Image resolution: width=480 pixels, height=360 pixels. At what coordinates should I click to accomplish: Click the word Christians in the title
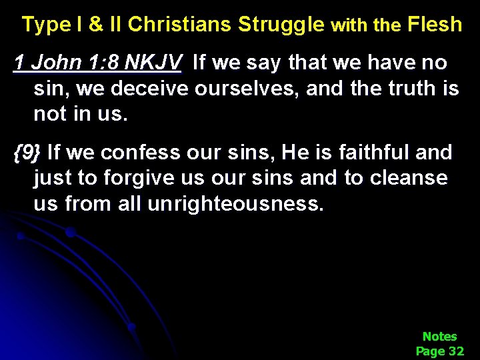pos(179,25)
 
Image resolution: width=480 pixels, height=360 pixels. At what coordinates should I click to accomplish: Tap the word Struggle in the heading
pos(282,25)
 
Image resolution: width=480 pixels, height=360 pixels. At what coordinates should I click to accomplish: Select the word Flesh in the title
pos(434,25)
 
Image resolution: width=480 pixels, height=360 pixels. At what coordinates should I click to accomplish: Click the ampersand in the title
pos(96,25)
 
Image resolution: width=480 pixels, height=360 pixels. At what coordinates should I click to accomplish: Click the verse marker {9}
pos(27,153)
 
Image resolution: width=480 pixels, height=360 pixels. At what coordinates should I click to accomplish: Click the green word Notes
pos(439,337)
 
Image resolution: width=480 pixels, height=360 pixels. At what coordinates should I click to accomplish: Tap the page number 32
pos(457,351)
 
